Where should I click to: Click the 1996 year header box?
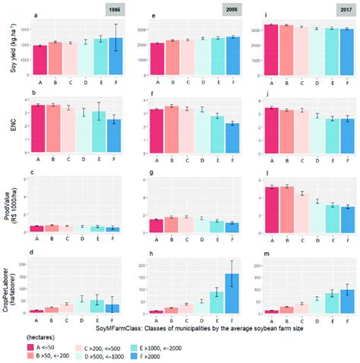116,10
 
